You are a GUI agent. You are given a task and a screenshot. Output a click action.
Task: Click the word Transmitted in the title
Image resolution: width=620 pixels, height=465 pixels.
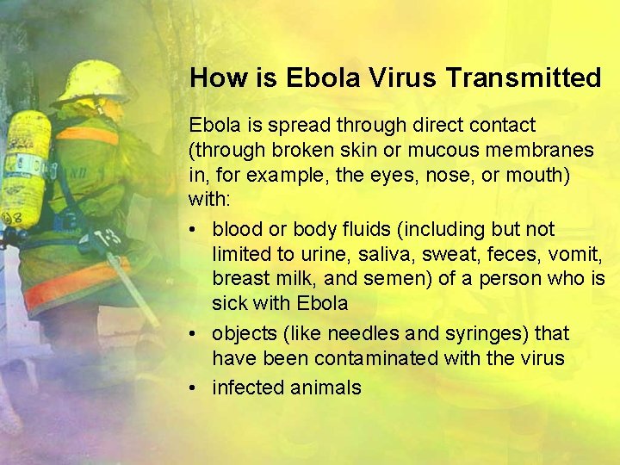point(524,78)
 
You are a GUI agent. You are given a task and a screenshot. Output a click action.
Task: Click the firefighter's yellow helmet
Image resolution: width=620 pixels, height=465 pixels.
point(91,82)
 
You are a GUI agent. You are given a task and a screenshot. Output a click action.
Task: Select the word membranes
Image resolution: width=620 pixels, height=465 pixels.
point(542,150)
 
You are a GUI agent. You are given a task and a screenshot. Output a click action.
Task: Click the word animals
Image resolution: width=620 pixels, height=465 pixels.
point(325,387)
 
